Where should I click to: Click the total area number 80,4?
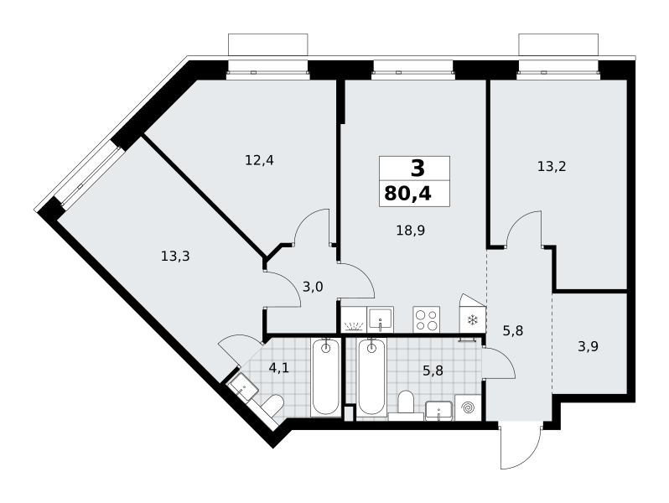pos(408,194)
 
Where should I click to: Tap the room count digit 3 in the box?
pos(417,169)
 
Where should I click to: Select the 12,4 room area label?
pos(259,160)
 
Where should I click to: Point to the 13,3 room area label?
pos(175,257)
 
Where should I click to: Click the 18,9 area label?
pos(411,231)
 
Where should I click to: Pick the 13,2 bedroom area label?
pos(552,166)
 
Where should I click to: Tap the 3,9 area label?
pos(588,347)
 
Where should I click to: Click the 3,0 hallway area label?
pos(313,287)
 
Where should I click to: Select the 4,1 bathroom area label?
pos(279,367)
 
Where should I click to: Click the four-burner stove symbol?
pos(426,319)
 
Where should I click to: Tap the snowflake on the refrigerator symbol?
pos(472,320)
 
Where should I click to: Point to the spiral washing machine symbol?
pos(469,408)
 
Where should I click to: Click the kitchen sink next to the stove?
pos(380,319)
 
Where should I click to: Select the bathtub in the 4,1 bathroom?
pos(325,376)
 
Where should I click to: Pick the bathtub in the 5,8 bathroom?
pos(371,376)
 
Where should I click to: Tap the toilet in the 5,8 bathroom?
pos(406,402)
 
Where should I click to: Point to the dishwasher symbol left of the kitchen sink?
pos(354,319)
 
